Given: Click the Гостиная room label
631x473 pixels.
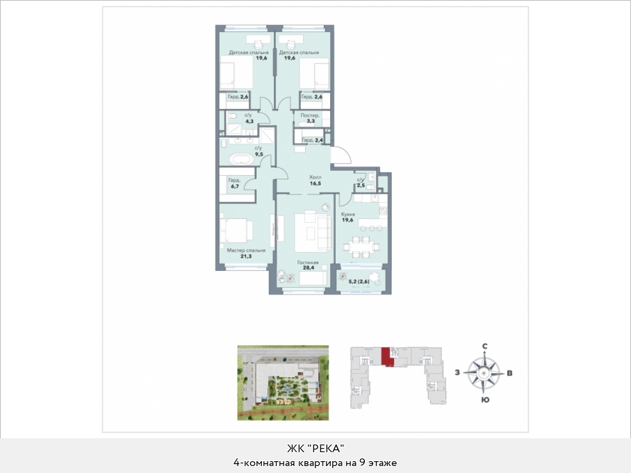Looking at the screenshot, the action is (x=308, y=263).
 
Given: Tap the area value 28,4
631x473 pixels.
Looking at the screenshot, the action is (x=309, y=268).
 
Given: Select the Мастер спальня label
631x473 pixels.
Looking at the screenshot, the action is (x=246, y=250).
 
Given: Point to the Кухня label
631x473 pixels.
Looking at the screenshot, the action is (x=347, y=215).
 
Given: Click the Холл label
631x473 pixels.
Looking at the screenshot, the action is (x=315, y=177).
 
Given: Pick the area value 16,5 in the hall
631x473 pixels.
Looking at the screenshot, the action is (x=315, y=183).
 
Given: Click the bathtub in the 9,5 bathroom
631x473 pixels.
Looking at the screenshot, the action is (x=241, y=159).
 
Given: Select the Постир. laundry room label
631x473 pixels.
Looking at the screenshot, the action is (x=310, y=115).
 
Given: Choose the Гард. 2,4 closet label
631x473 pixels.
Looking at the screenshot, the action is (x=313, y=140).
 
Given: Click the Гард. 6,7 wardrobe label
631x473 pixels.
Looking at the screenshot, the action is (x=234, y=183).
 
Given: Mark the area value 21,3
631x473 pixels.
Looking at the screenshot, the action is (x=246, y=256).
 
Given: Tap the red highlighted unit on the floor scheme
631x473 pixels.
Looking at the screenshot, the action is (x=386, y=356).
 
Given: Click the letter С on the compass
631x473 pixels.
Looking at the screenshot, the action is (x=485, y=347).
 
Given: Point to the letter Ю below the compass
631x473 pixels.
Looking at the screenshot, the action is (x=485, y=400).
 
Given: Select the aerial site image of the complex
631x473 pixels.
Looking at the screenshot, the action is (x=283, y=383).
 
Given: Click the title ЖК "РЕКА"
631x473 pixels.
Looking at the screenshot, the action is (x=315, y=449).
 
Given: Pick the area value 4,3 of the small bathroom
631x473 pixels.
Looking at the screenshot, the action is (x=249, y=121).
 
